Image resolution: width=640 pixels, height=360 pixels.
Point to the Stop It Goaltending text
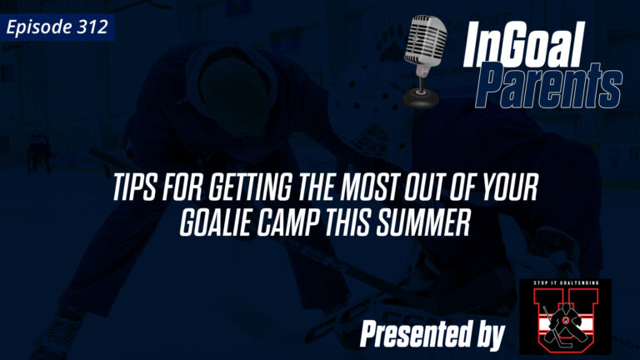[x=564, y=284]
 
